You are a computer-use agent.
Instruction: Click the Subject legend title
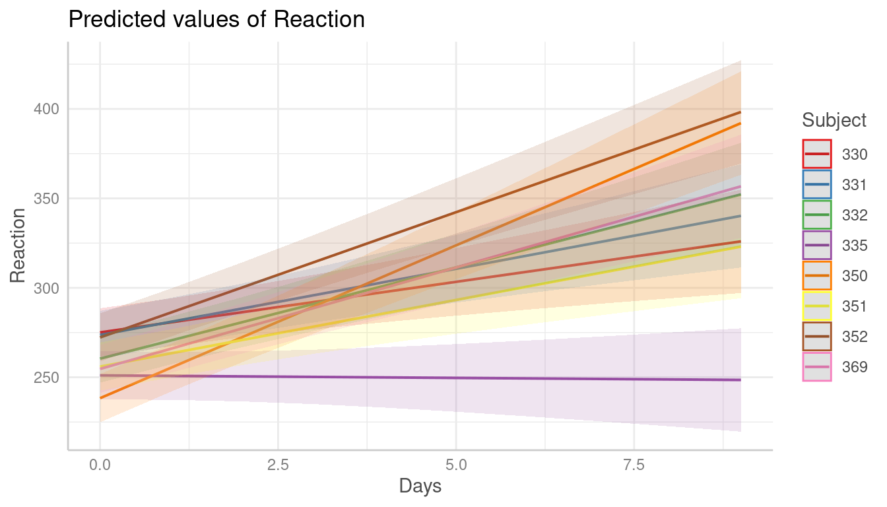point(834,120)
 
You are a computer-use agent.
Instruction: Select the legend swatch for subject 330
point(817,154)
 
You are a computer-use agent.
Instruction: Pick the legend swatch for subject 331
point(817,185)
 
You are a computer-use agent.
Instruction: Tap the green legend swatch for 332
point(817,215)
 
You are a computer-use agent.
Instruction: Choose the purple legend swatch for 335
point(817,246)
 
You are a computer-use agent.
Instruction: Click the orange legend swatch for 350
point(817,276)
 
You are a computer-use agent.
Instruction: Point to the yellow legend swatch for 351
point(817,306)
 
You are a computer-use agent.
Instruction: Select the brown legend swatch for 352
point(817,337)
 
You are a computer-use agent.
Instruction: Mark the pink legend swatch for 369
point(817,367)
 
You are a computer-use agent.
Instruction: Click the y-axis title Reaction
point(18,245)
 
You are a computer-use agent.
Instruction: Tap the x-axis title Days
point(420,487)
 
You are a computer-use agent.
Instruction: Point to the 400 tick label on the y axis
point(46,109)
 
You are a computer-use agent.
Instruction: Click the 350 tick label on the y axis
point(46,198)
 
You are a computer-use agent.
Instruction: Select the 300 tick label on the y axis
point(46,288)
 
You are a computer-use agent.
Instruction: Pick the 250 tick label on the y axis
point(46,378)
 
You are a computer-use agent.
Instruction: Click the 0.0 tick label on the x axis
point(100,465)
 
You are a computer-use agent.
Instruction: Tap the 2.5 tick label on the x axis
point(278,465)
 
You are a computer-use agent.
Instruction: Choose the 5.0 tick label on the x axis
point(456,465)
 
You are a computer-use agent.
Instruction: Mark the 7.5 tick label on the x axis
point(634,465)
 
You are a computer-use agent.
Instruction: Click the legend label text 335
point(855,246)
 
